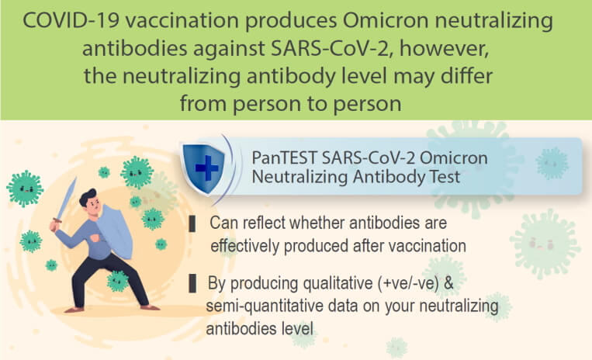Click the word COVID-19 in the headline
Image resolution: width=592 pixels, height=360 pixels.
pyautogui.click(x=71, y=20)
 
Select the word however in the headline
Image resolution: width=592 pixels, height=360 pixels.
pyautogui.click(x=444, y=48)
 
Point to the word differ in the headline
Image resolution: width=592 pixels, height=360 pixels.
pyautogui.click(x=466, y=76)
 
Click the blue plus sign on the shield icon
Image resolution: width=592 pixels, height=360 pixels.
pyautogui.click(x=206, y=168)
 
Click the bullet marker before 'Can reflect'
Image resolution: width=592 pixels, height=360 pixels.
pyautogui.click(x=192, y=223)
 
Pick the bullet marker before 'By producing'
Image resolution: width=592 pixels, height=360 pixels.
pyautogui.click(x=192, y=284)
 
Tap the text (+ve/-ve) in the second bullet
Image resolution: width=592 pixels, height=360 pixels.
pyautogui.click(x=409, y=283)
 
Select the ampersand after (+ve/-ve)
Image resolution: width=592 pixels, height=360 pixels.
pyautogui.click(x=448, y=283)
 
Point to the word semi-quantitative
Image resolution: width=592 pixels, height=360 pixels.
pyautogui.click(x=265, y=306)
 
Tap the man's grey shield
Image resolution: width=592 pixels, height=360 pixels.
pyautogui.click(x=114, y=231)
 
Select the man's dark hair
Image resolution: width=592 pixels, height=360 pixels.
pyautogui.click(x=88, y=196)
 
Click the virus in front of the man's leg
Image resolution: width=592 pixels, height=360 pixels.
pyautogui.click(x=117, y=281)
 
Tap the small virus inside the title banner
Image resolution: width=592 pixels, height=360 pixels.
pyautogui.click(x=552, y=163)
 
